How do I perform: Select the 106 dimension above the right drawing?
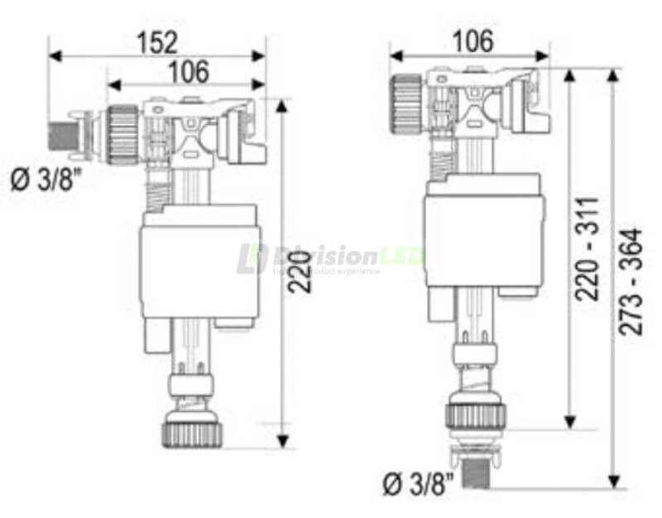coord(471,41)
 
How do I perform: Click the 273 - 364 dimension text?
coord(632,281)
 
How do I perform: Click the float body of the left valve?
coord(199,265)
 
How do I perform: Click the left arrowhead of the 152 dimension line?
coord(54,55)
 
